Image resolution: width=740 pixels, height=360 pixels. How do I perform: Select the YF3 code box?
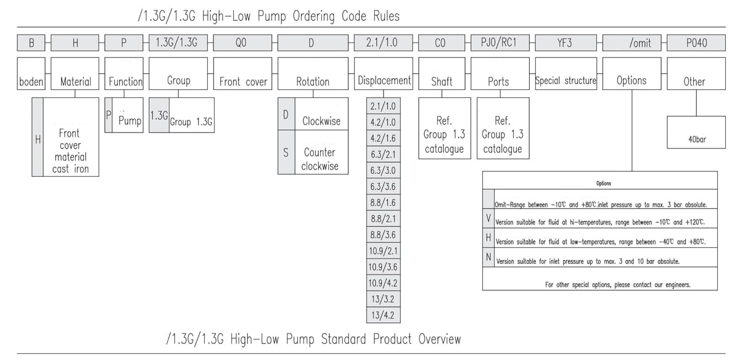pos(564,43)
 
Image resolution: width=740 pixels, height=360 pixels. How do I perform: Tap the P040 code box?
pos(696,43)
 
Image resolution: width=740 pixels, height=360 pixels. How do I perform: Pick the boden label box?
pos(31,81)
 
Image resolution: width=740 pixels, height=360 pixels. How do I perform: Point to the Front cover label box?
pos(244,81)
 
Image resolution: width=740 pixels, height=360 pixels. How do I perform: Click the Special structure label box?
pos(565,81)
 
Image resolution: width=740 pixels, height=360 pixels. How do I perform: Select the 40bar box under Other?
pos(697,139)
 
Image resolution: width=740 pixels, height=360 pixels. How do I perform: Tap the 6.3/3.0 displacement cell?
pos(382,170)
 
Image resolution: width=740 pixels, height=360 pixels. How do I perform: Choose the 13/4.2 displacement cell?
pos(382,316)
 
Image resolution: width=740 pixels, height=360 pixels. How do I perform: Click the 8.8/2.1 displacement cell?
pos(382,219)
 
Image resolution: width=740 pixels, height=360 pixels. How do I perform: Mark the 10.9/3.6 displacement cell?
pos(382,267)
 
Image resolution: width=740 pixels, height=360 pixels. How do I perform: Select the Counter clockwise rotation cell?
pos(319,159)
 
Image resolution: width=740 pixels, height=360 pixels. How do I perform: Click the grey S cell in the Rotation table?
pos(286,152)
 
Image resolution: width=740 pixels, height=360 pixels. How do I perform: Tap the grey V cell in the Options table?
pos(488,219)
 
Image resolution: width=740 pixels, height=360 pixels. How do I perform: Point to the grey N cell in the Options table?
pos(488,257)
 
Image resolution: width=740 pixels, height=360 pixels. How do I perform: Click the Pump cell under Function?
pos(129,121)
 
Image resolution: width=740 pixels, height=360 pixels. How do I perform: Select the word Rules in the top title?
pos(382,16)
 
